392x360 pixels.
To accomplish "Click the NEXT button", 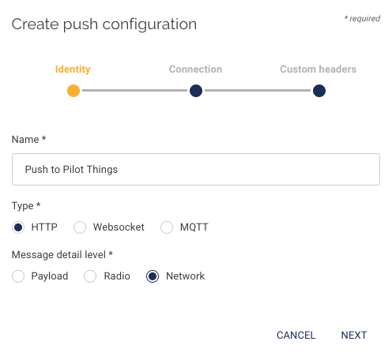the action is (x=354, y=336).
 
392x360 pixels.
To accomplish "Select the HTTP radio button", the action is (x=18, y=227).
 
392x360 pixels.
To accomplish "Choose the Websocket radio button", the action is (x=80, y=227).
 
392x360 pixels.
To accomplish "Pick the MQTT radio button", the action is (x=167, y=227).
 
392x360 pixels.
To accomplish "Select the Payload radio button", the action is (x=18, y=276).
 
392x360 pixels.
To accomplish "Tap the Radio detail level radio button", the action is (x=90, y=276).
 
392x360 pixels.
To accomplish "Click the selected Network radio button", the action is (x=153, y=276).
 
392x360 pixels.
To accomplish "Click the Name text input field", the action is (x=196, y=170).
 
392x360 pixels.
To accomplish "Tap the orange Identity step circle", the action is (x=73, y=91).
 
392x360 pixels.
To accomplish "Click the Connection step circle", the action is (x=196, y=91).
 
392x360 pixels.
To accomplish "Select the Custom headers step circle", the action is (x=319, y=91).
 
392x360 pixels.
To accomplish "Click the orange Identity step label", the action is (x=73, y=69).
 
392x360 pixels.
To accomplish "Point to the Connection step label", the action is (x=195, y=69).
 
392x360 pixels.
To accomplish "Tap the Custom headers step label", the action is (x=318, y=69).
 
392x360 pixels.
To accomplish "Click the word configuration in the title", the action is (x=149, y=25).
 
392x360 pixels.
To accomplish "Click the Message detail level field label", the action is (x=62, y=255).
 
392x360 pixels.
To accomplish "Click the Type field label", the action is (x=26, y=206).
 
